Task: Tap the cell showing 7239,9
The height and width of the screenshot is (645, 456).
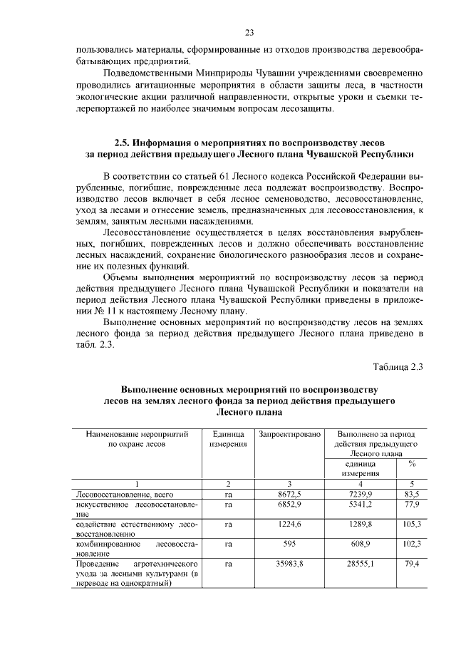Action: coord(359,493)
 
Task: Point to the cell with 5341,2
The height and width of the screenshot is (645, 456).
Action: coord(359,505)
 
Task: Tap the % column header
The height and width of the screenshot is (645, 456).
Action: coord(412,463)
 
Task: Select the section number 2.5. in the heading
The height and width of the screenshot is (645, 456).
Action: coord(126,142)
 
